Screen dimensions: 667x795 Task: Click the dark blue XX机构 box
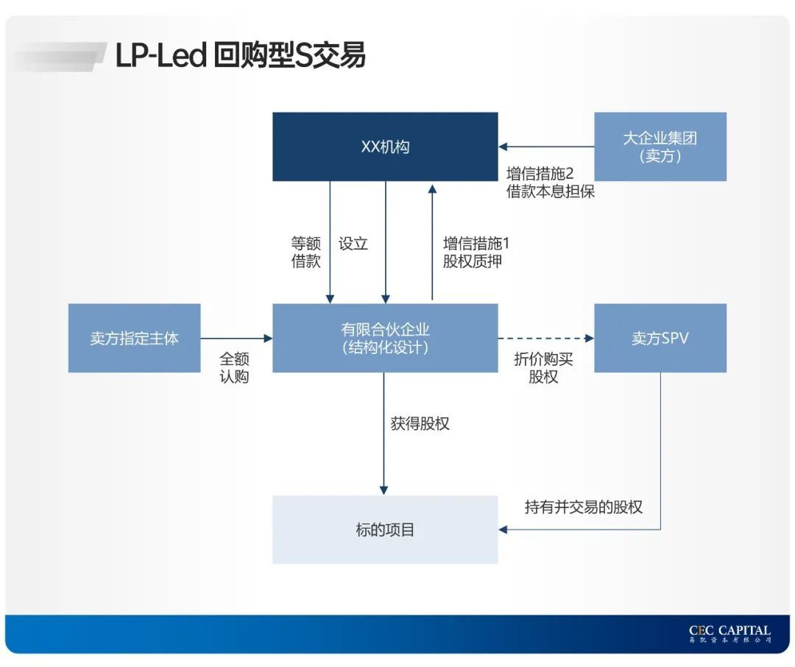click(x=385, y=147)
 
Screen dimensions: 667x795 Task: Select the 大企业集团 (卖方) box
click(x=660, y=147)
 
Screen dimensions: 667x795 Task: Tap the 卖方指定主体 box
click(x=134, y=338)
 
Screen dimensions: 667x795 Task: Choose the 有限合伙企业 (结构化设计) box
click(x=385, y=338)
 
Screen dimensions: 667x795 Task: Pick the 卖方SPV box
click(x=660, y=338)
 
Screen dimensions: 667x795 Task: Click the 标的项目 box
click(x=385, y=529)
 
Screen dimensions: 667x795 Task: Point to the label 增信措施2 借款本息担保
click(x=550, y=183)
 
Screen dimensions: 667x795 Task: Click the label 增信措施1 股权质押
click(x=476, y=253)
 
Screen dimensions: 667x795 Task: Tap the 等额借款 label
click(x=306, y=253)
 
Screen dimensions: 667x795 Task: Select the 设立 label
click(x=353, y=244)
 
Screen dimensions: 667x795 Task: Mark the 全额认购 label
click(x=234, y=367)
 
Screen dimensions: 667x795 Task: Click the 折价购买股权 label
click(x=543, y=367)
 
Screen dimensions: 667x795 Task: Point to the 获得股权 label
click(x=420, y=423)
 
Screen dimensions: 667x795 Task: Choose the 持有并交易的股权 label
click(x=583, y=507)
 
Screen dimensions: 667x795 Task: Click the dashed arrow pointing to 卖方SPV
click(x=545, y=338)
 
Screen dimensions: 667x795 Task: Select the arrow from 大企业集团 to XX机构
click(x=545, y=147)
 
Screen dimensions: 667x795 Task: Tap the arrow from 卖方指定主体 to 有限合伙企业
click(x=236, y=338)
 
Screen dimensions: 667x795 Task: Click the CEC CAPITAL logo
click(x=729, y=633)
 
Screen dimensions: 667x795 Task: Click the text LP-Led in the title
click(x=160, y=56)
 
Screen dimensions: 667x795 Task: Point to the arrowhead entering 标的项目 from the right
click(x=504, y=529)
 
